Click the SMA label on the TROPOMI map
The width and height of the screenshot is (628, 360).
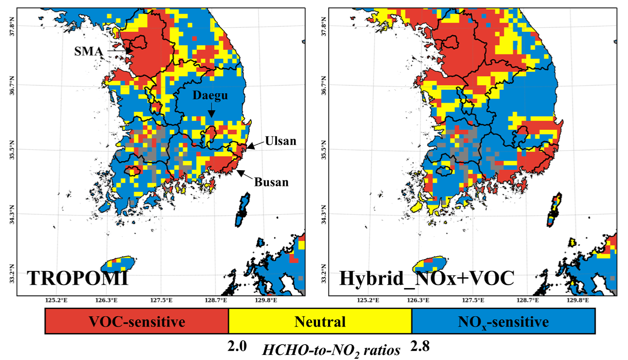pos(88,51)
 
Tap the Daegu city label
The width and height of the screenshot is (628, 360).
pos(210,96)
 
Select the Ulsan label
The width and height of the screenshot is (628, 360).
pos(281,141)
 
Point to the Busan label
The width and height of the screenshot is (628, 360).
pos(271,182)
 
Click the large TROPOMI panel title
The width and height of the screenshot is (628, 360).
pos(78,278)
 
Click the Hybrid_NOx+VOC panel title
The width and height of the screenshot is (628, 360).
pos(427,278)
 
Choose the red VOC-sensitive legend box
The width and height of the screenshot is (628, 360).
pos(137,321)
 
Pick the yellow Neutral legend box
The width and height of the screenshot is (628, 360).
pos(320,321)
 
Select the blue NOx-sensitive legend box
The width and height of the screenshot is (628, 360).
pos(503,321)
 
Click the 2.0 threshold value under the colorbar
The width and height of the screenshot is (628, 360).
pos(237,346)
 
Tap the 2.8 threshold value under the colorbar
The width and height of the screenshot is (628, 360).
pos(420,346)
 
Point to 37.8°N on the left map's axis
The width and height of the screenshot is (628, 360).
pos(12,26)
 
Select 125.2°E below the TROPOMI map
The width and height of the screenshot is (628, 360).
pos(56,300)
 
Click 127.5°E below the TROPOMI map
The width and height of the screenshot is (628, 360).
pos(161,300)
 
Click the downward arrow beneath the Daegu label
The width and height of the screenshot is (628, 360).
pos(211,111)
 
